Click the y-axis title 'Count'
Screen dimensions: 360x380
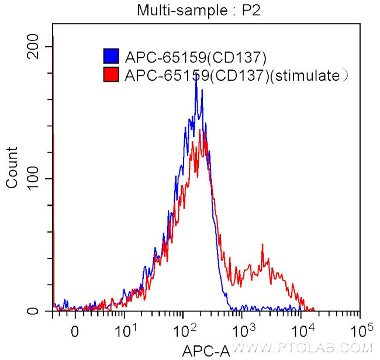(12, 167)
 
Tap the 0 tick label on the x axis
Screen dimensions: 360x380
(74, 331)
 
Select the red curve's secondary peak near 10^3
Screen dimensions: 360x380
(262, 245)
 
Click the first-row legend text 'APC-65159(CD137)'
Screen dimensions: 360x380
(195, 57)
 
